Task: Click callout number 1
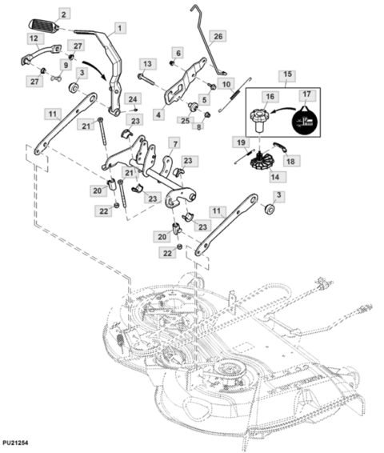(120, 28)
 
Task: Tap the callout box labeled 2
(64, 14)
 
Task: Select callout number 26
(219, 36)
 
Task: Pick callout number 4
(160, 114)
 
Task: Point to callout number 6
(178, 53)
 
